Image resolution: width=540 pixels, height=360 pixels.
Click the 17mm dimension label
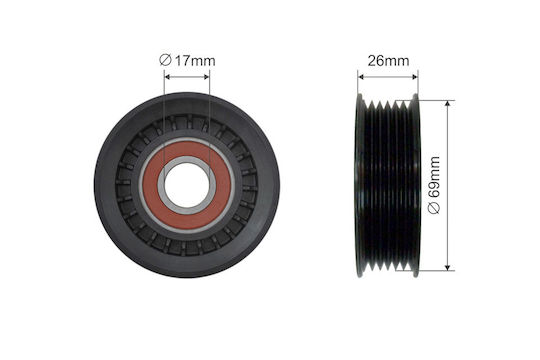(x=195, y=61)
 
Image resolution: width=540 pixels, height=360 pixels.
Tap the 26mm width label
(x=388, y=61)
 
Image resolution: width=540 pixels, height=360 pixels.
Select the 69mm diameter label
(x=434, y=177)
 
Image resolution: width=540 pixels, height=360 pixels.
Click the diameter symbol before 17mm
(x=165, y=60)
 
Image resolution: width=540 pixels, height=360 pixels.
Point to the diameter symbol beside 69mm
(x=434, y=208)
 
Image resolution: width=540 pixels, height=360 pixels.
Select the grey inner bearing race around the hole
(x=187, y=159)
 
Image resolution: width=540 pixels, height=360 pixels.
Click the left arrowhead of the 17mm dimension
(x=168, y=76)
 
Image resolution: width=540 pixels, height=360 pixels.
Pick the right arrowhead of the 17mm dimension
(x=206, y=76)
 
